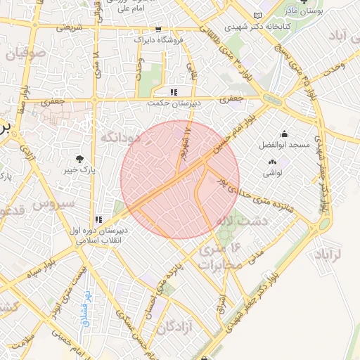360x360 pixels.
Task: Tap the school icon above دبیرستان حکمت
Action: tap(173, 91)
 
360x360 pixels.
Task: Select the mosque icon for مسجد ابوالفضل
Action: tap(283, 134)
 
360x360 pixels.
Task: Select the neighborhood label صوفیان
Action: tap(26, 53)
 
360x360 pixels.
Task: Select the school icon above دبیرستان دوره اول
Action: tap(98, 219)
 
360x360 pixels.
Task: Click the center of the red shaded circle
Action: tap(180, 179)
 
